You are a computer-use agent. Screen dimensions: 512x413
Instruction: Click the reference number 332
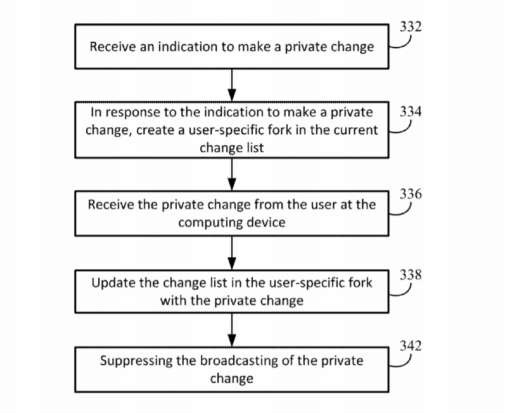(x=411, y=27)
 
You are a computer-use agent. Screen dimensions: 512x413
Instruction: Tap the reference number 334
(x=411, y=111)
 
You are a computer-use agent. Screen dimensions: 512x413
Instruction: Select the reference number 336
(x=411, y=194)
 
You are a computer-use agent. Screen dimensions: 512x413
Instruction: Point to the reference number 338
(x=411, y=274)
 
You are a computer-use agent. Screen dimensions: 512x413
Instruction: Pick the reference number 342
(x=411, y=346)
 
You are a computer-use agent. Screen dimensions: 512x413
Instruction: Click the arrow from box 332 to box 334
(x=232, y=86)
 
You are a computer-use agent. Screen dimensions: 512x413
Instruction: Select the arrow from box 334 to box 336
(x=232, y=175)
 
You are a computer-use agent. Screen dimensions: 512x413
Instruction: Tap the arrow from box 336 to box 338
(x=232, y=253)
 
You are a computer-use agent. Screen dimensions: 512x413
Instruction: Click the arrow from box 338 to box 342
(x=232, y=330)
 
